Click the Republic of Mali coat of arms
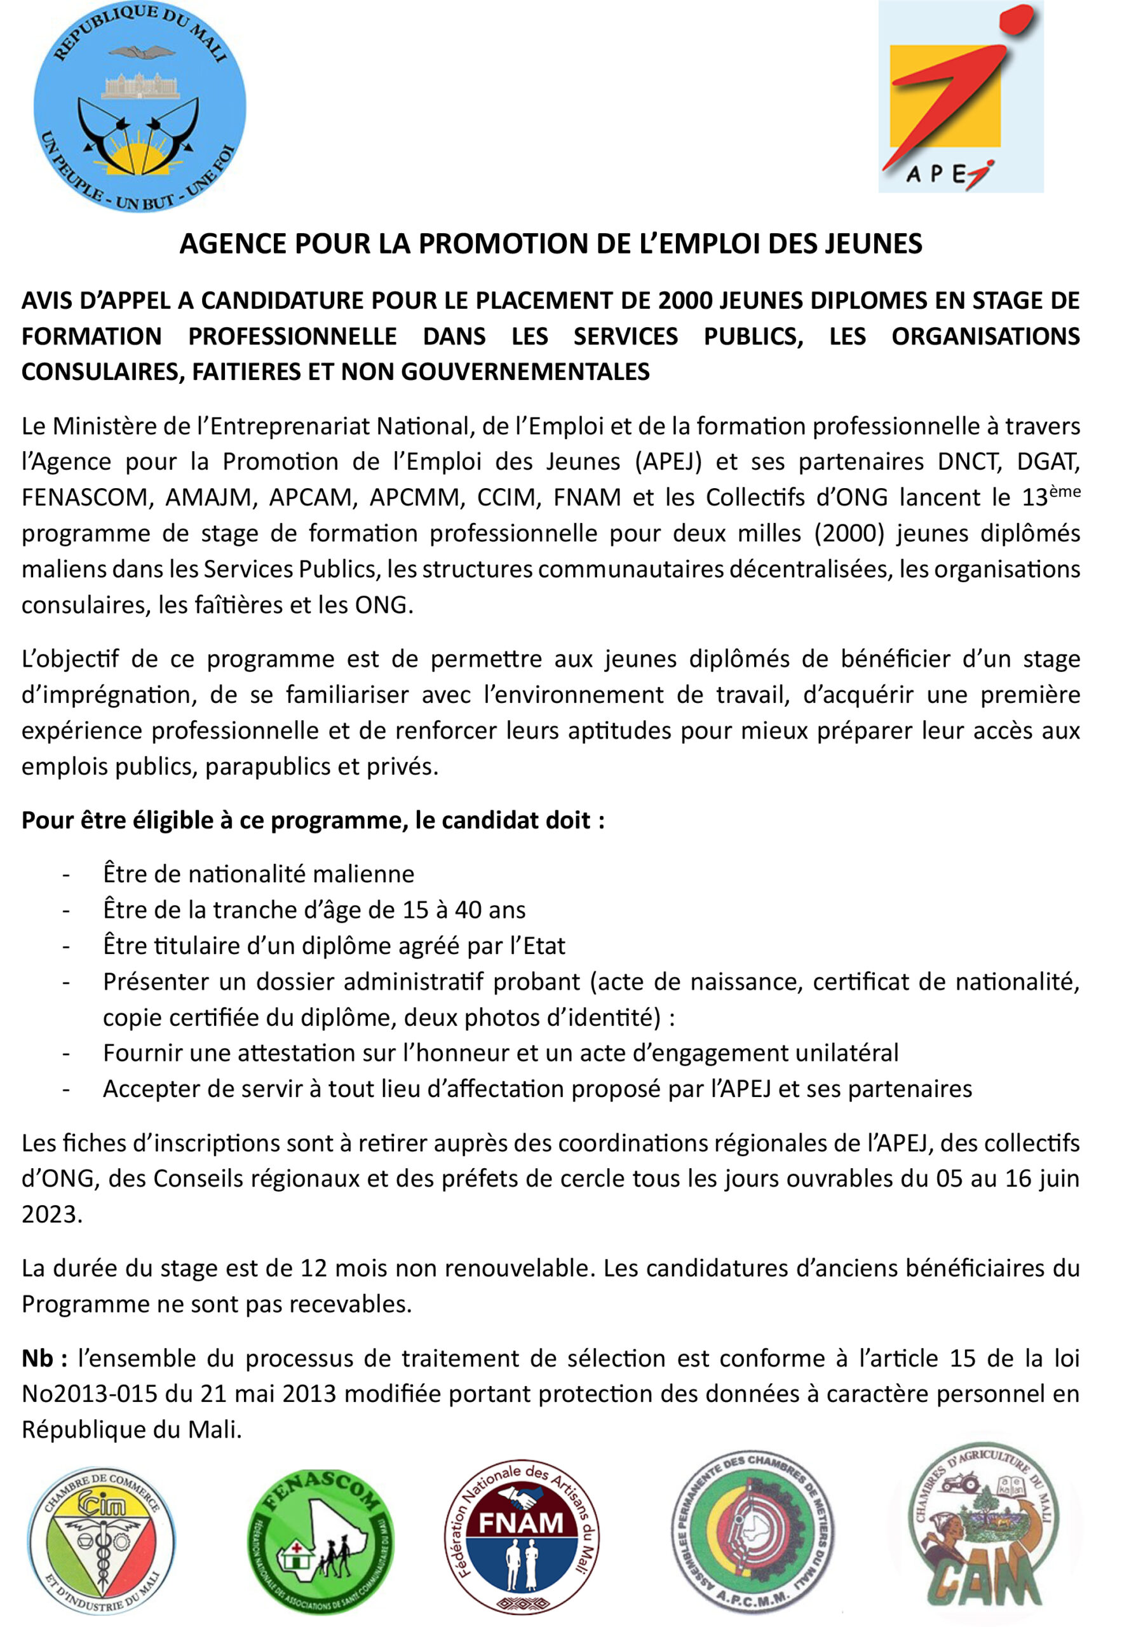pos(140,107)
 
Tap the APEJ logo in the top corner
pos(961,97)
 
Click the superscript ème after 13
pos(1064,491)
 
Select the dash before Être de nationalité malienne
pos(66,875)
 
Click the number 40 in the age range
pos(468,910)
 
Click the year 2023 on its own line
pos(52,1215)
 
